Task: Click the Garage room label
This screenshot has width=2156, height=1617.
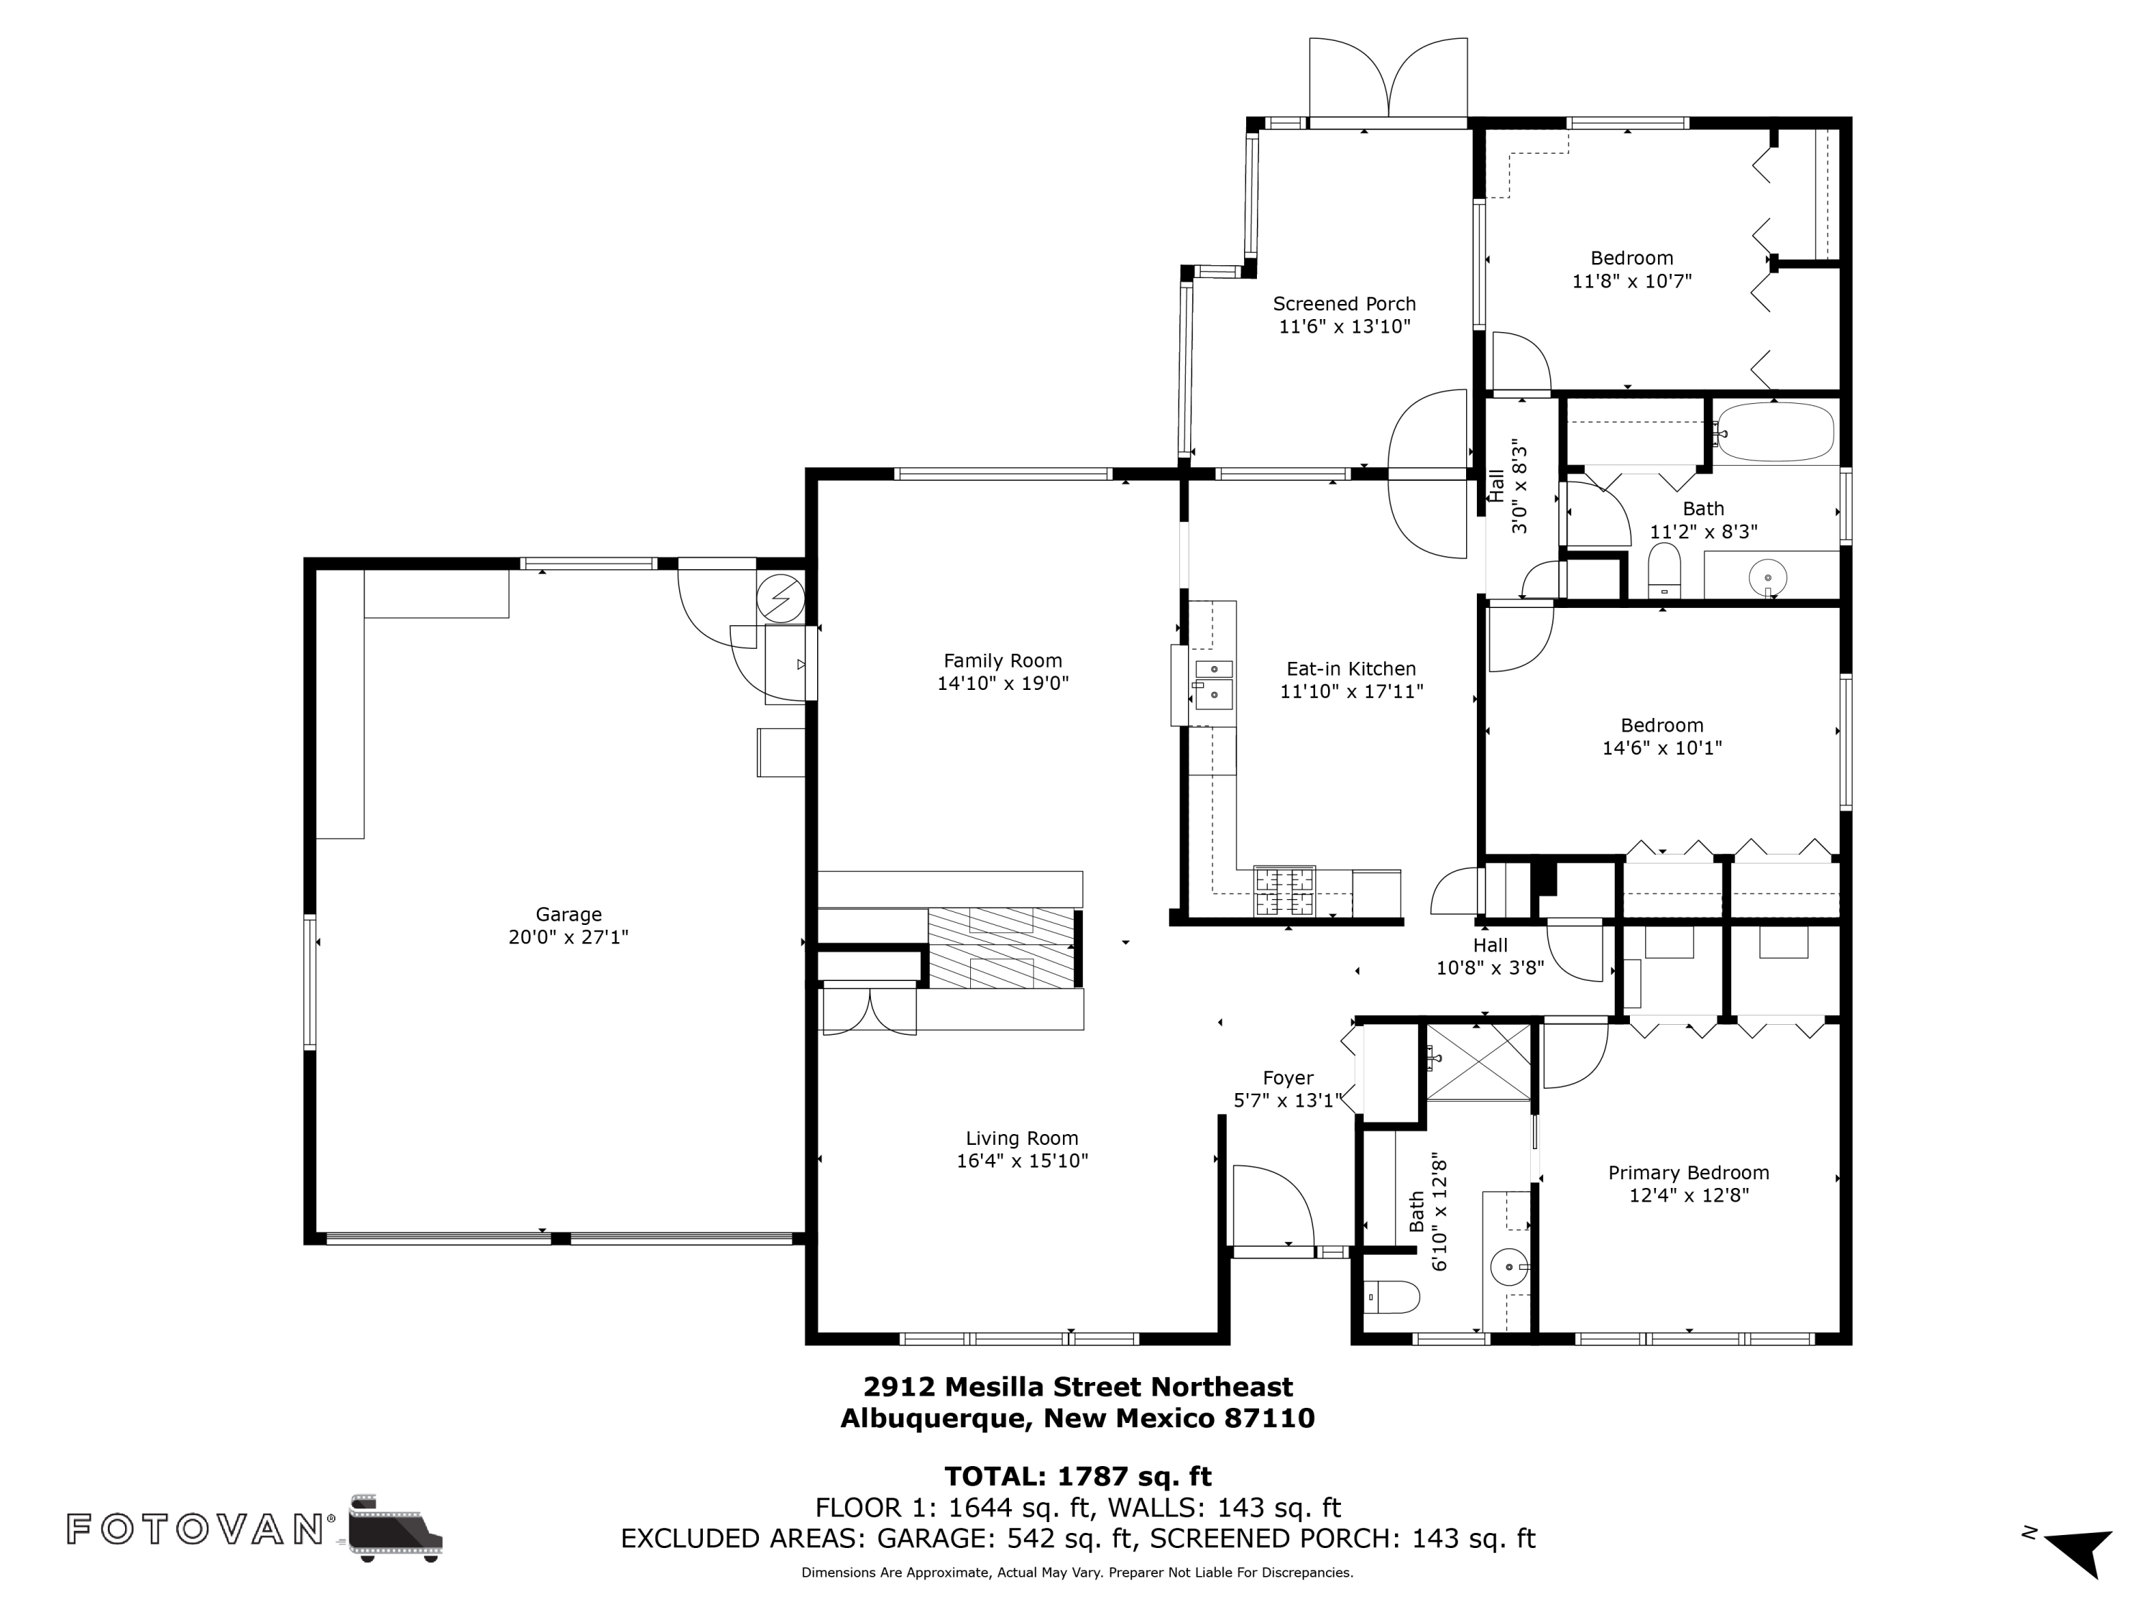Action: tap(568, 914)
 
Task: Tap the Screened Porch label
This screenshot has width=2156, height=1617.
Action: tap(1344, 304)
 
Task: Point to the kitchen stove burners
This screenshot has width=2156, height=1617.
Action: tap(1285, 892)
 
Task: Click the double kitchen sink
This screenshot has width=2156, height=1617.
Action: tap(1214, 682)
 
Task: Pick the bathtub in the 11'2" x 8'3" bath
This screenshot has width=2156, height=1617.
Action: tap(1774, 432)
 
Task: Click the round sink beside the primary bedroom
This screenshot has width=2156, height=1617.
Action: tap(1510, 1267)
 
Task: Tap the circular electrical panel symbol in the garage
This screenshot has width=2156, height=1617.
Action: tap(780, 599)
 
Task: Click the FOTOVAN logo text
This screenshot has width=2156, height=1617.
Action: tap(195, 1529)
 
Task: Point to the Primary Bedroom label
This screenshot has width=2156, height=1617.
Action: tap(1688, 1173)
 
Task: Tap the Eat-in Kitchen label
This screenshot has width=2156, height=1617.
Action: tap(1351, 668)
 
